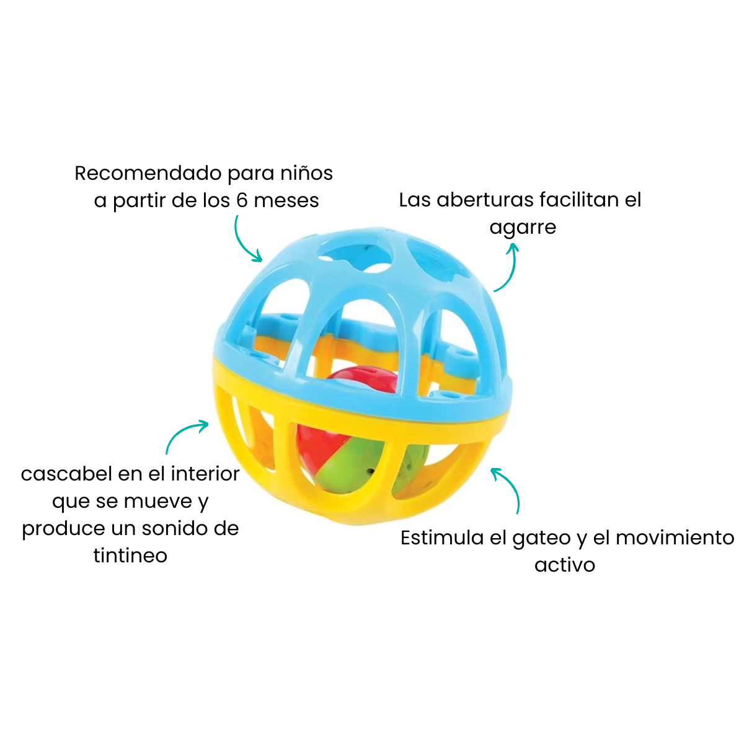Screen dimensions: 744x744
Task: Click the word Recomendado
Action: coord(149,173)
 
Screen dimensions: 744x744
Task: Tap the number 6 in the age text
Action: coord(242,200)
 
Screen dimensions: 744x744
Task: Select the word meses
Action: coord(286,201)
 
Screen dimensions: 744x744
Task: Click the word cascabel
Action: coord(66,474)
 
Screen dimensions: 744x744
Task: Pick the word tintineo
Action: coord(130,556)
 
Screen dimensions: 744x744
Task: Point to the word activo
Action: coord(565,565)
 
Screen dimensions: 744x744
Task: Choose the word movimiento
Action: coord(675,538)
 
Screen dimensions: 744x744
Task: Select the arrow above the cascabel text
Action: coord(182,433)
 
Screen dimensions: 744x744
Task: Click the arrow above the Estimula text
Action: coord(510,485)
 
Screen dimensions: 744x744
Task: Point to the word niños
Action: coord(306,173)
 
